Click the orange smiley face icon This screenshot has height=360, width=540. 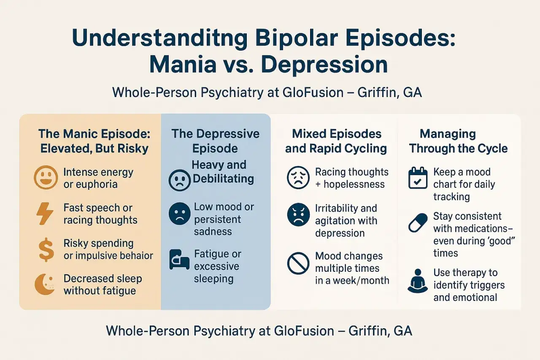tap(46, 178)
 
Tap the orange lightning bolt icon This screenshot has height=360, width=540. tap(45, 214)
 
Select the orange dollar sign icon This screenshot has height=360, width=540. tap(46, 250)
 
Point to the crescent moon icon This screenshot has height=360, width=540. tap(45, 284)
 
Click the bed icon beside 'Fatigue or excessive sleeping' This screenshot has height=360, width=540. tap(179, 260)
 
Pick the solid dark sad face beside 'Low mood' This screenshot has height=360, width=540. tap(180, 214)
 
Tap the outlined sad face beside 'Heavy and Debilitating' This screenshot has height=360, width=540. tap(180, 180)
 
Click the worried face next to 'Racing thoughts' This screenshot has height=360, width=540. tap(298, 178)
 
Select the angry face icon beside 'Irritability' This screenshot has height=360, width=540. tap(298, 214)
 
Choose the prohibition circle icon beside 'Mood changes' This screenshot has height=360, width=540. tap(298, 263)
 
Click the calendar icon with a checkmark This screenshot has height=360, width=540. tap(418, 178)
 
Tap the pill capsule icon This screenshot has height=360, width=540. tap(418, 222)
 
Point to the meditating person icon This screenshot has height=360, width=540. tap(418, 281)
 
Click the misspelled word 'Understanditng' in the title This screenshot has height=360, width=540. tap(160, 38)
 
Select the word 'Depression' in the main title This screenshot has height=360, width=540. tap(324, 65)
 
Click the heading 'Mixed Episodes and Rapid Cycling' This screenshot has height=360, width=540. tap(336, 141)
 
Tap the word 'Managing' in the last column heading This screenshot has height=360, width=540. tap(448, 134)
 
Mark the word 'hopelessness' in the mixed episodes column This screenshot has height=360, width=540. tap(354, 184)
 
